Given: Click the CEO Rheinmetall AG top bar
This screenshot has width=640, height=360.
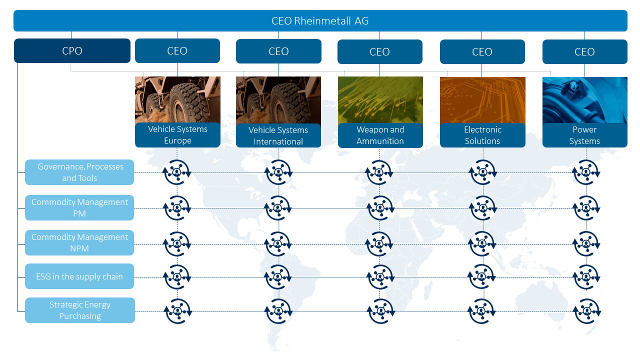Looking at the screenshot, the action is pos(320,21).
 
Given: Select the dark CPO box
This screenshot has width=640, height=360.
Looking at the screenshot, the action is pos(72,51).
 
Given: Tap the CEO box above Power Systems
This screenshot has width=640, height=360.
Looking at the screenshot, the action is pos(585,51).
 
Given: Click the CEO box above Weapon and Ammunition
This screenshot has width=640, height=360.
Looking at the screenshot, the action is pos(379,51).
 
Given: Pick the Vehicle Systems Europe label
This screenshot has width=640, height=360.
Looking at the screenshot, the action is pos(177,135).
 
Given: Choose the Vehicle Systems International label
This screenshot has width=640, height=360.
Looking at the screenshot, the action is pos(278,135).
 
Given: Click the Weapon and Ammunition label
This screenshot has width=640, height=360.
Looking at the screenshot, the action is pos(380,135).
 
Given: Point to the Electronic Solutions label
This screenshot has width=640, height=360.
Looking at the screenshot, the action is pos(482,135).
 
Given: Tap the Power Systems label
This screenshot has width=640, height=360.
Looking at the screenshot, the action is pos(585,135).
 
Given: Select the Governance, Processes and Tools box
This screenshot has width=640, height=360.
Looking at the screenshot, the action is pos(79,172).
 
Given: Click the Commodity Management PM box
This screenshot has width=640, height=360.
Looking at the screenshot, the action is pos(79,207).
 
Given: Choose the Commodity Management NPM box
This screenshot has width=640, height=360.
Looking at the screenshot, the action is pos(79,242).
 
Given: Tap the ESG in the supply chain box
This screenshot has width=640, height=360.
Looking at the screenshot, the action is pos(79,276).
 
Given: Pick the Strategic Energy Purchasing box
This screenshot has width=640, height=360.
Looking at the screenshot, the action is pos(80,310).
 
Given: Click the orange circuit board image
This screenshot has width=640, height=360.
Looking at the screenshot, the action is pos(482,100).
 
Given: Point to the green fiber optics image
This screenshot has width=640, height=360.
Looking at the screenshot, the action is pos(380,100).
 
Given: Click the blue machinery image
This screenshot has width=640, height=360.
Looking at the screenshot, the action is pos(585,100).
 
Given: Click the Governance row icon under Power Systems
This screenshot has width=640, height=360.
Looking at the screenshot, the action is pos(586,172).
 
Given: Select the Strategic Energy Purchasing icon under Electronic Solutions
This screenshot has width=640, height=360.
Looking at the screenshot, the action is pos(481,311).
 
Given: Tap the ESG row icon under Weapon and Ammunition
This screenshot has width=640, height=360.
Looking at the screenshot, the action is pos(380,277).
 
